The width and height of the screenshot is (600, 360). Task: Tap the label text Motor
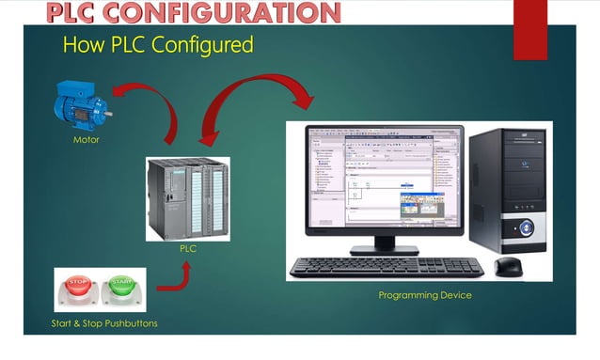pos(87,140)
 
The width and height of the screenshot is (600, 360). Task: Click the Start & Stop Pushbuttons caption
pos(104,324)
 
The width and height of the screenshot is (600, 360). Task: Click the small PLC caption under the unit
pos(187,250)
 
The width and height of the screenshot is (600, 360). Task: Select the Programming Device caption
pos(425,295)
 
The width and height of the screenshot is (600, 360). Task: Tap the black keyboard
pos(387,266)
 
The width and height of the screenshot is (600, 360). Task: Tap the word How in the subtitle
pos(81,44)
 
